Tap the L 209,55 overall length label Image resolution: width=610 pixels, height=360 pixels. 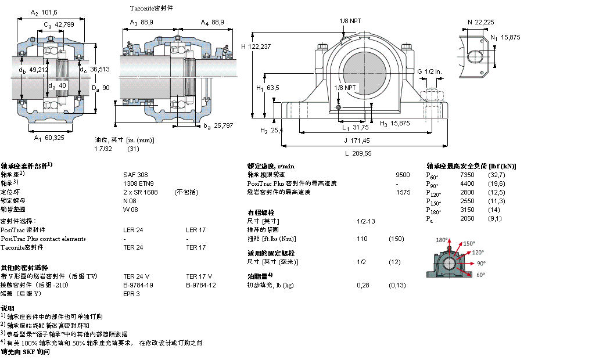point(358,153)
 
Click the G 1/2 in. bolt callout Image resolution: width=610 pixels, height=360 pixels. point(429,71)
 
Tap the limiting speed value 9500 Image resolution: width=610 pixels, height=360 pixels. point(403,174)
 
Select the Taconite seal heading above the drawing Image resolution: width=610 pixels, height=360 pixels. point(151,9)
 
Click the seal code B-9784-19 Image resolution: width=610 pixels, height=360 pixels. point(138,285)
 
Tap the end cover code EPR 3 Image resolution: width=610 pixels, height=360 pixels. point(131,294)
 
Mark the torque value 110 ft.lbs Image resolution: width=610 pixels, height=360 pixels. point(362,239)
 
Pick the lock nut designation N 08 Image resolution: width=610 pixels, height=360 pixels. point(130,200)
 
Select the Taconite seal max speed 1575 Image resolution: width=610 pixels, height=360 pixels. point(403,192)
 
